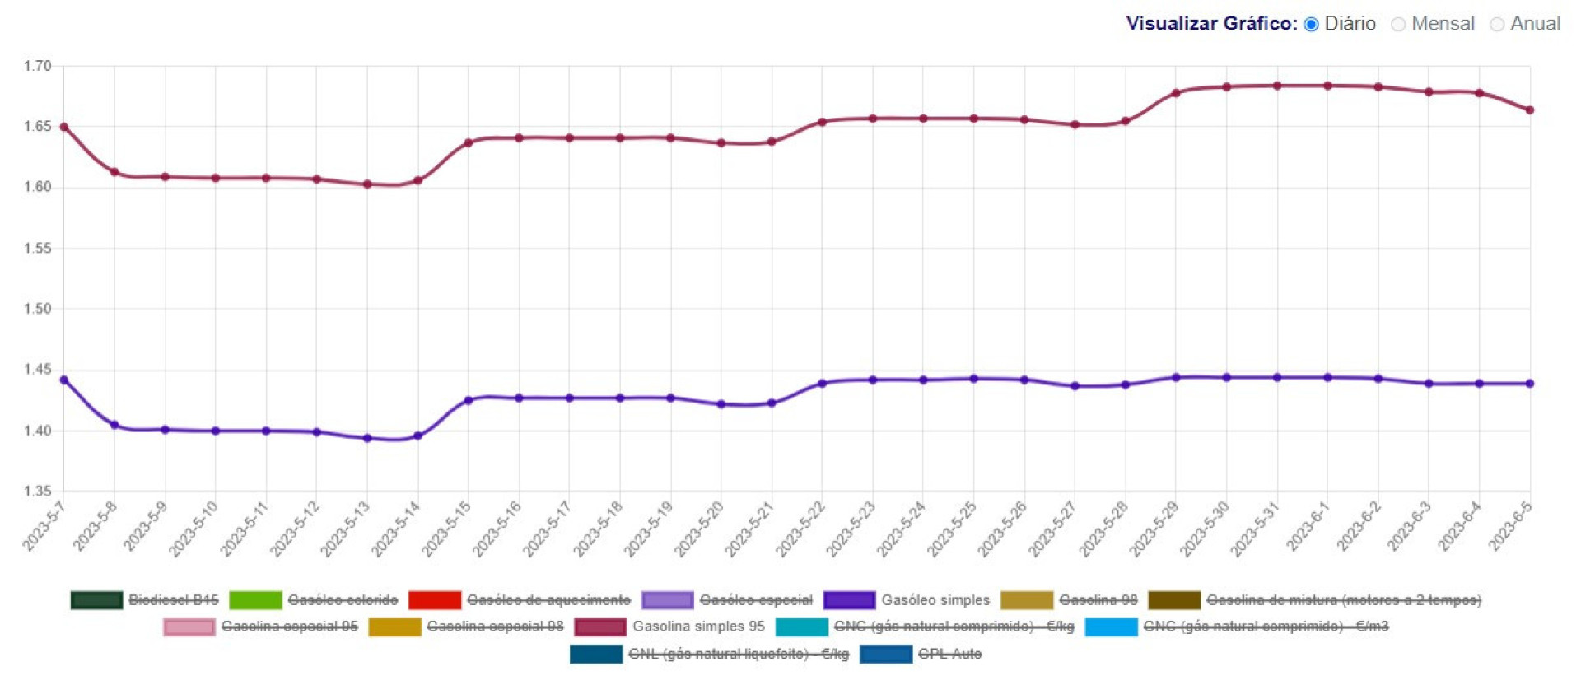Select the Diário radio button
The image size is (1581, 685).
click(x=1312, y=25)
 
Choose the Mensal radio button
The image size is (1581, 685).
click(x=1398, y=25)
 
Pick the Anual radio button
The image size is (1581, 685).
click(x=1497, y=25)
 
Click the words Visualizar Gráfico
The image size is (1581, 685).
click(x=1210, y=24)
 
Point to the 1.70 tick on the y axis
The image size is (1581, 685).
click(x=38, y=66)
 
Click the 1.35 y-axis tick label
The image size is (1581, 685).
click(x=38, y=492)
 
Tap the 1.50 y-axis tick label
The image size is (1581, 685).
click(x=38, y=309)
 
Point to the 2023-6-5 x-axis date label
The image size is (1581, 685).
click(x=1510, y=527)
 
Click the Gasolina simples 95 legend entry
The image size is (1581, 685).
click(x=698, y=627)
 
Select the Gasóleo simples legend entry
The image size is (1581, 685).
click(x=935, y=600)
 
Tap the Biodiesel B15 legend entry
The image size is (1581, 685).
click(x=173, y=600)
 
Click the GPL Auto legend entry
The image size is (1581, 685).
click(x=949, y=654)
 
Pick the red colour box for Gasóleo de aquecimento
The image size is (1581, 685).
click(x=434, y=600)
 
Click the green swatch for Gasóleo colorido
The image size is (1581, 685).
click(x=255, y=600)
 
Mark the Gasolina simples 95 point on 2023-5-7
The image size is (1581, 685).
click(x=64, y=128)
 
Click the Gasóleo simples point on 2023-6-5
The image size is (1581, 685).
click(x=1530, y=384)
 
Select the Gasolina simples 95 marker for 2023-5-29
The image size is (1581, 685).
click(x=1176, y=93)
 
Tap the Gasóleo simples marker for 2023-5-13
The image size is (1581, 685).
click(x=367, y=439)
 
